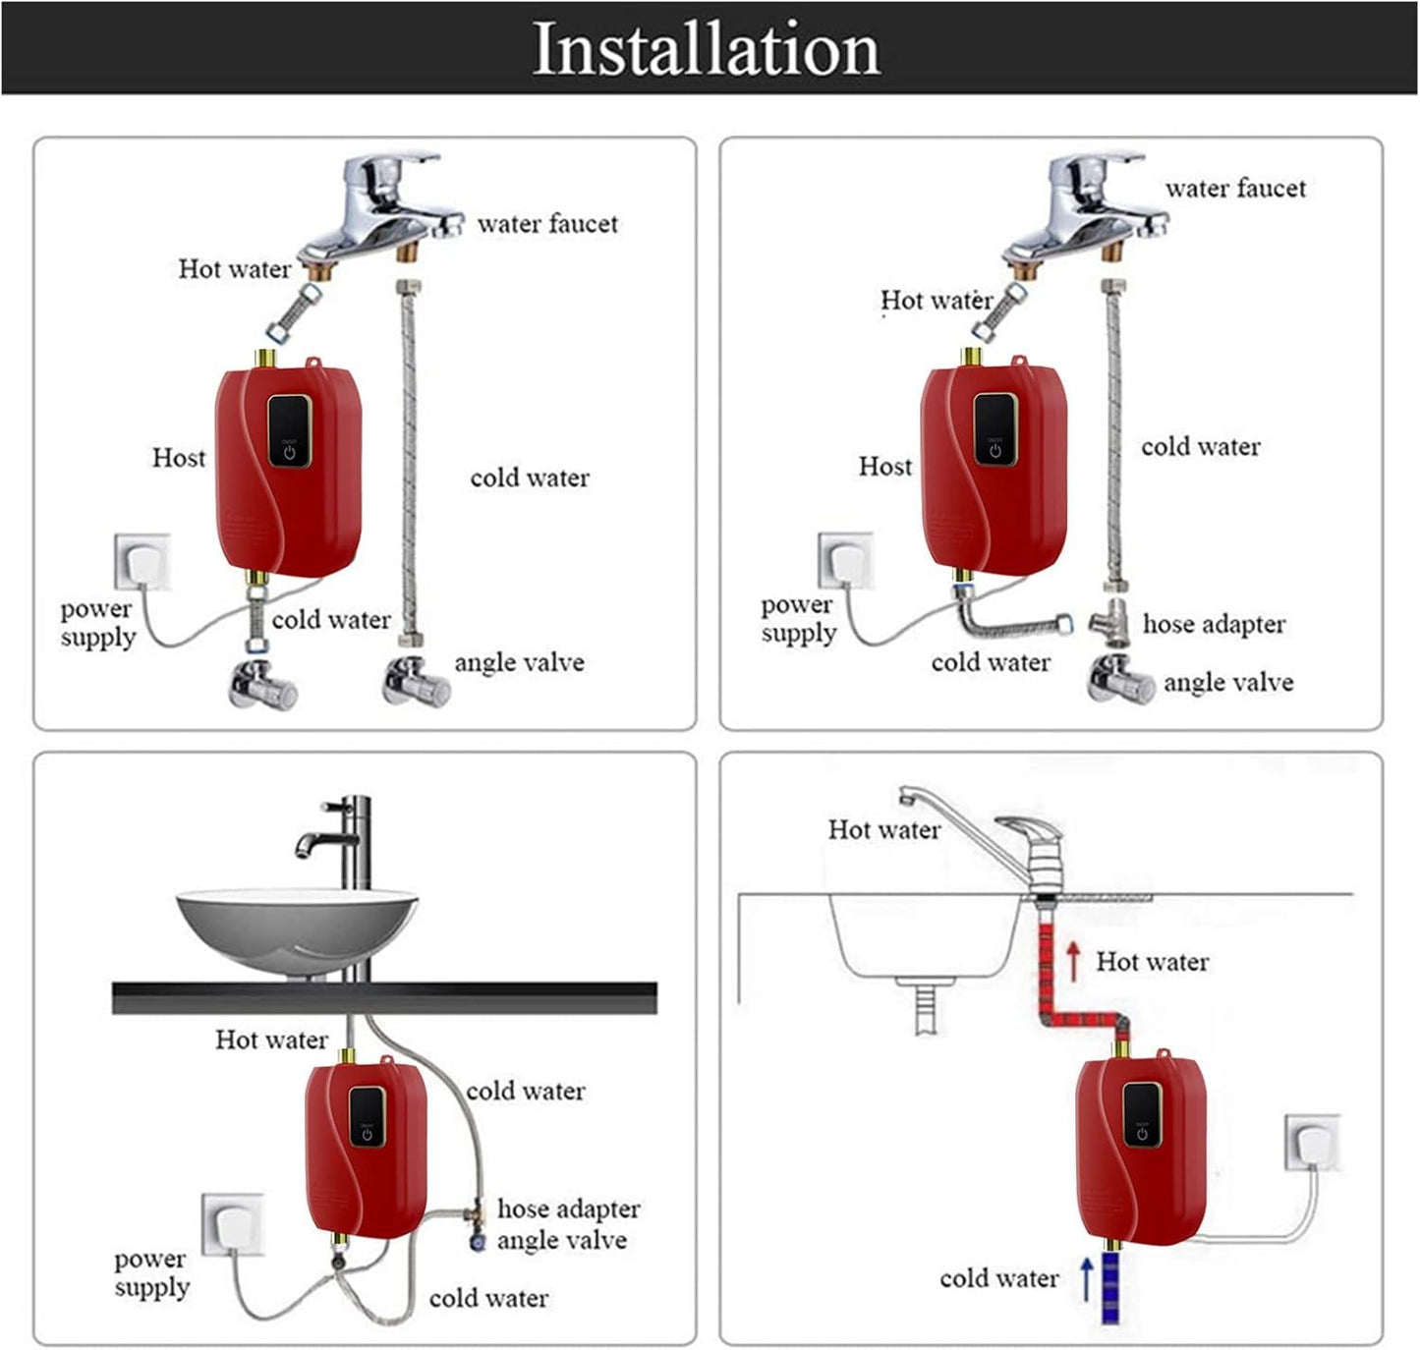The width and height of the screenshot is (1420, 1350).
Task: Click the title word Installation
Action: [x=706, y=49]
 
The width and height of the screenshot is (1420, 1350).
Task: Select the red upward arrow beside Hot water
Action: [x=1073, y=961]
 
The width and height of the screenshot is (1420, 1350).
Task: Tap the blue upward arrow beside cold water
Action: [x=1087, y=1278]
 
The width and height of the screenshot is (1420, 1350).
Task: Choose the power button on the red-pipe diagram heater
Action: [x=1142, y=1135]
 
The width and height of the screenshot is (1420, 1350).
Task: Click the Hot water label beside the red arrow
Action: [x=1152, y=962]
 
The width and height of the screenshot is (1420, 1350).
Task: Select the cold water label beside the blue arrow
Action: [x=998, y=1278]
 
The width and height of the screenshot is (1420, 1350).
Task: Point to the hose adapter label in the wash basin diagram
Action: [x=568, y=1209]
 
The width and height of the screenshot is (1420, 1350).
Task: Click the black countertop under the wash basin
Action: [x=384, y=997]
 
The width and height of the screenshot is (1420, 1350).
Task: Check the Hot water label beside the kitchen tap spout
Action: [x=883, y=830]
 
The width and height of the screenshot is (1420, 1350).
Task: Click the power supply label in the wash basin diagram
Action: [x=150, y=1272]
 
